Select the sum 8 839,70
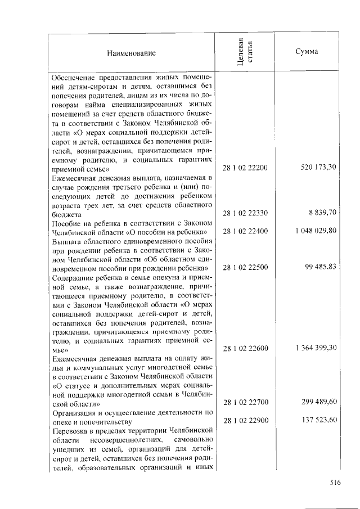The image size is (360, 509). coord(322,213)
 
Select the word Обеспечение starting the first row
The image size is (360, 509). coord(70,77)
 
